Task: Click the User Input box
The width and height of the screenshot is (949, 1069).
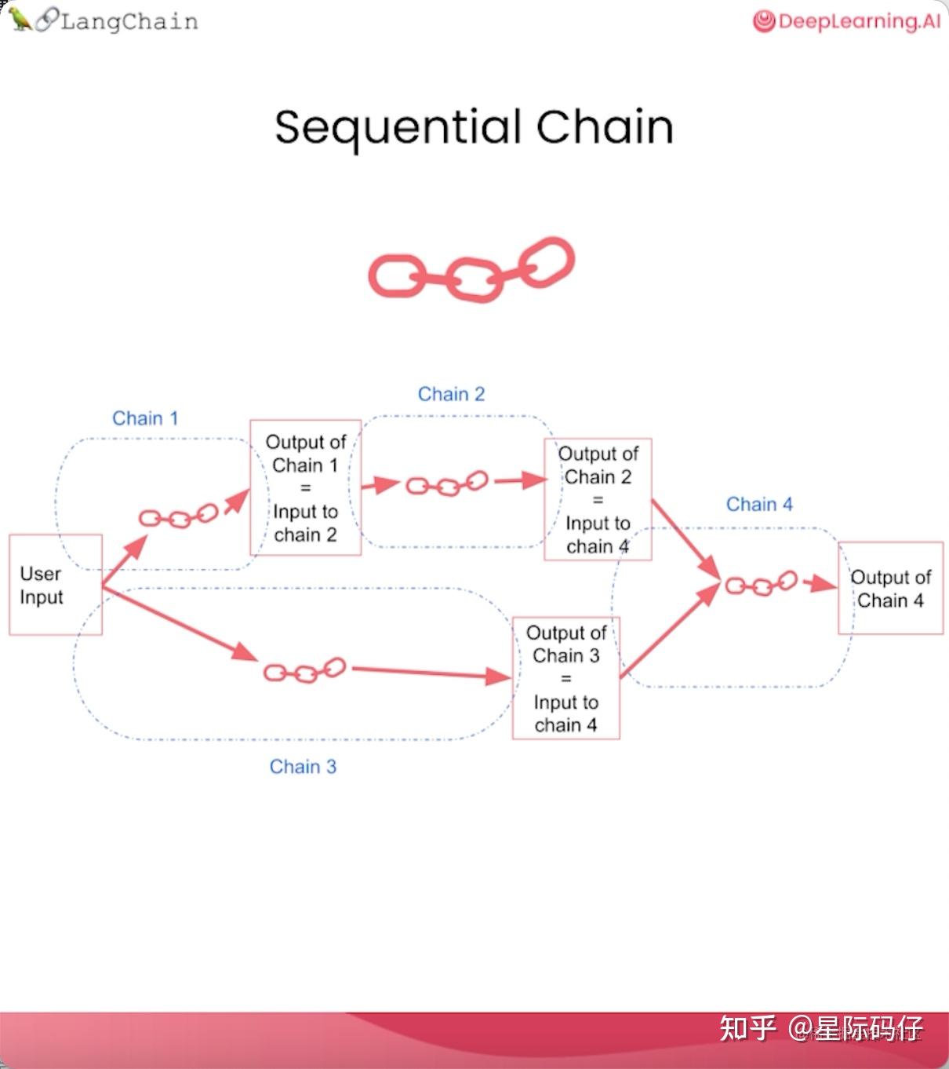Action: (55, 585)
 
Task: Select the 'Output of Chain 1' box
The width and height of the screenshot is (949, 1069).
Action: (305, 487)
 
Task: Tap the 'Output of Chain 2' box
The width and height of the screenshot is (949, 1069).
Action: (598, 499)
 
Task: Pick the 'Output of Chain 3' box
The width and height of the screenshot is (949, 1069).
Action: (565, 678)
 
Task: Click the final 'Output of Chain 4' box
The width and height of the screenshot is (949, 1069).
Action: (890, 588)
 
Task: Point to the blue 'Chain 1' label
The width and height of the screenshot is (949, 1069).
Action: (145, 418)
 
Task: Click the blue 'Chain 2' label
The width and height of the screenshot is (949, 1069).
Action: (451, 394)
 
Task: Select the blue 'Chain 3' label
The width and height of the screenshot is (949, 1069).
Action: (303, 767)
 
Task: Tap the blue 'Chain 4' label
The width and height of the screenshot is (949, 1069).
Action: (759, 505)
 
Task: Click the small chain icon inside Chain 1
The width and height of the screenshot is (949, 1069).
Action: (178, 517)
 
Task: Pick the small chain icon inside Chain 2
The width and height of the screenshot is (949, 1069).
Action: (447, 484)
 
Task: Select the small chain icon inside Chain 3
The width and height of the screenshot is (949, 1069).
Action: (304, 671)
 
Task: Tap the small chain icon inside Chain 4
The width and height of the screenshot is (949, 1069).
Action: (761, 585)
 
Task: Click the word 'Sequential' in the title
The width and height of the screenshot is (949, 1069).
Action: (398, 128)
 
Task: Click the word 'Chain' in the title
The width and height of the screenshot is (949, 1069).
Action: (605, 126)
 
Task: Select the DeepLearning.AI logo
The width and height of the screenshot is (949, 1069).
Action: (846, 21)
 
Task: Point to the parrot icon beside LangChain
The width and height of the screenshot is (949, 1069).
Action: (20, 19)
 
